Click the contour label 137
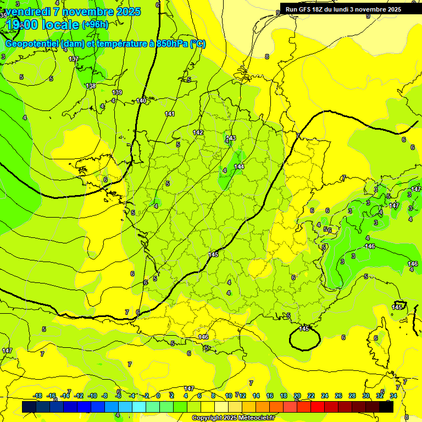74,59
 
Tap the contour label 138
91,86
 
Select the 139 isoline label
117,92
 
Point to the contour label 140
142,101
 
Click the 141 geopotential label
170,114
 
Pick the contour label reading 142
198,132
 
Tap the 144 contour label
239,166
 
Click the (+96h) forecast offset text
95,24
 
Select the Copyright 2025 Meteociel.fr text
234,418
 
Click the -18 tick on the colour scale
37,396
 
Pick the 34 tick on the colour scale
393,396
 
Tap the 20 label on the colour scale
297,396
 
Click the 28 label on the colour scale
352,396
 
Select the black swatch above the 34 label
387,407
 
